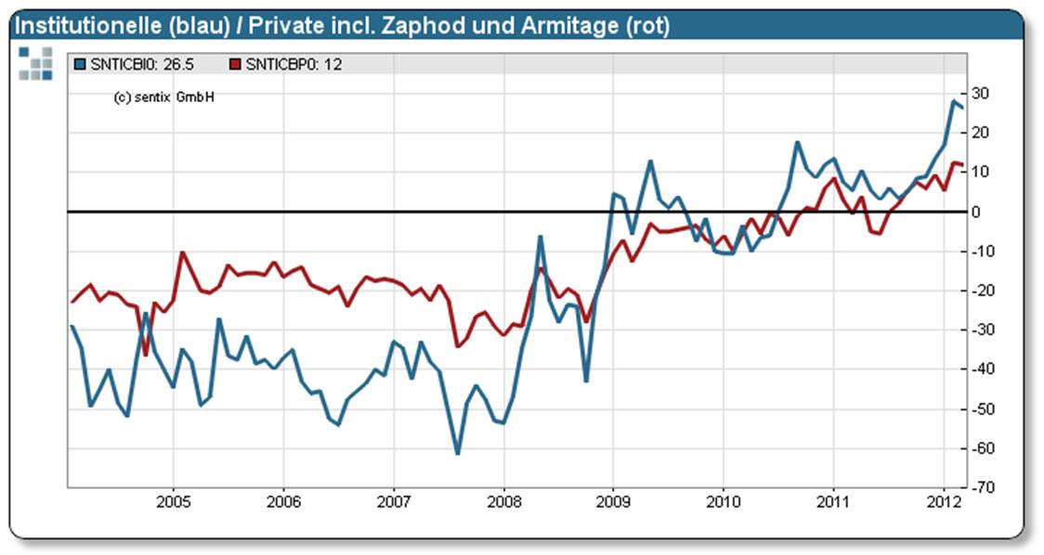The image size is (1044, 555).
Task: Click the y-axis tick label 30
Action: pos(981,94)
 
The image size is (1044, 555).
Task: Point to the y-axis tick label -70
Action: pos(983,487)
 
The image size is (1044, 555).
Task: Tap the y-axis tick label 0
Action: pos(977,212)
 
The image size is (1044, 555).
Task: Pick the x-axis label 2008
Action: pos(503,503)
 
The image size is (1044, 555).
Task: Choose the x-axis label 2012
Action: pos(944,503)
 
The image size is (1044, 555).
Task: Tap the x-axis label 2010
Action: pos(724,503)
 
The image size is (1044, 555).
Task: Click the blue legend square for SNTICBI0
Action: pos(80,64)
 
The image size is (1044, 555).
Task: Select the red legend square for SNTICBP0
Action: pos(235,64)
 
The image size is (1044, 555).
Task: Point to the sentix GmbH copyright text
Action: pos(163,97)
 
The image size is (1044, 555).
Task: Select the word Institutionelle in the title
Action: pos(78,26)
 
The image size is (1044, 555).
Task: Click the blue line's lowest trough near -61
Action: pos(458,453)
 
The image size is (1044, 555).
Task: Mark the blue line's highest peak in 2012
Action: pos(954,101)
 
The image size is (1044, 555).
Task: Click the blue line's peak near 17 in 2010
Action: pos(797,143)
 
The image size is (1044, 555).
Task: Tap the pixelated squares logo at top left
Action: pos(35,62)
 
